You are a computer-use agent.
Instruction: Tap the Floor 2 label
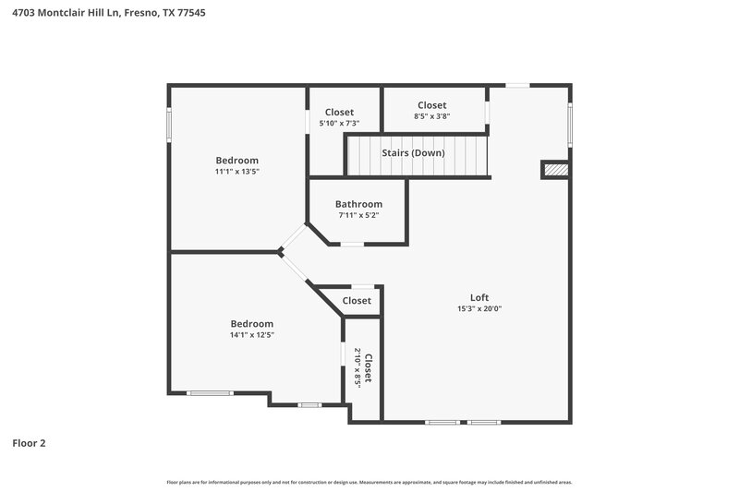tap(29, 443)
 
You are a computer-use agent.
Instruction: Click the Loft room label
tap(479, 297)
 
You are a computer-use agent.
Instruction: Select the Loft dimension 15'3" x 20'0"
tap(479, 308)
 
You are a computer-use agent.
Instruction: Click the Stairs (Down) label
tap(414, 152)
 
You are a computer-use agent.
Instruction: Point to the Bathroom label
tap(358, 204)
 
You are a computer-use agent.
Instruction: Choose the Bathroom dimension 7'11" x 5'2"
tap(358, 215)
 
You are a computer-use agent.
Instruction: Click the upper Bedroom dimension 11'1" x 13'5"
tap(236, 171)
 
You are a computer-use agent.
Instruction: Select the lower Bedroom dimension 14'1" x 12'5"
tap(251, 335)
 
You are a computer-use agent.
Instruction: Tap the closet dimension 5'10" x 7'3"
tap(339, 123)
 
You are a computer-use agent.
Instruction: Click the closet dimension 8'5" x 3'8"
tap(431, 116)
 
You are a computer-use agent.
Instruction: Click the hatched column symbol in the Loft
tap(554, 169)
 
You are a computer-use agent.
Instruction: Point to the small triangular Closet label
tap(357, 301)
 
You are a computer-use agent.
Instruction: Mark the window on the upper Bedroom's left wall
tap(168, 125)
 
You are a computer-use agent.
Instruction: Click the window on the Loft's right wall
tap(570, 126)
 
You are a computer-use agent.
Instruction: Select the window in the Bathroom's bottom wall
tap(352, 244)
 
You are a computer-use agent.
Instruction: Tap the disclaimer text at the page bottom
tap(369, 482)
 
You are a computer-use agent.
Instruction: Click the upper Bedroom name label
tap(236, 160)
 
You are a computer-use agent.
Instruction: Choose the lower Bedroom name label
tap(251, 324)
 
